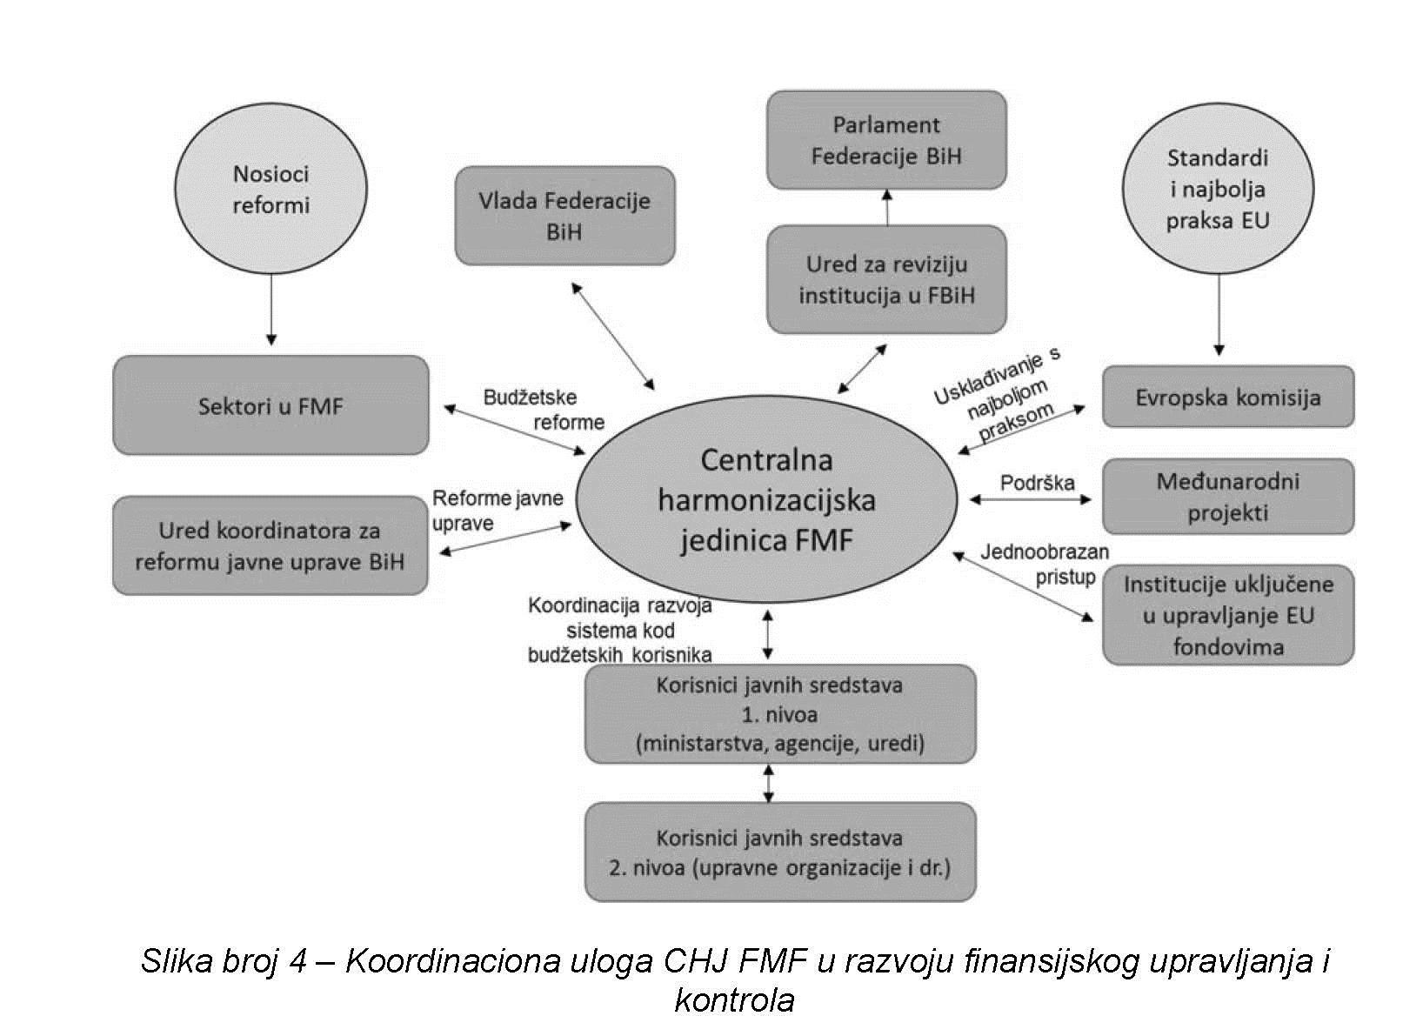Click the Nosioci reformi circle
[271, 189]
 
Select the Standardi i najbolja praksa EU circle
[1217, 189]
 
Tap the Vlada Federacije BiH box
[564, 216]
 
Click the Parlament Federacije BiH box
[885, 140]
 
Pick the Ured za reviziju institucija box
[885, 279]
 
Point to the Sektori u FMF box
[271, 405]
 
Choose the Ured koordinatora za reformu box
[270, 545]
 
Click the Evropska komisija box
[1227, 397]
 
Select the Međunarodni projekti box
[1227, 496]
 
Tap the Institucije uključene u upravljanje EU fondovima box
[1227, 615]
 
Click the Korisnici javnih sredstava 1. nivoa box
[779, 714]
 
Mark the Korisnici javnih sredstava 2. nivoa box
[779, 852]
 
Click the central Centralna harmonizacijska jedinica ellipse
[766, 500]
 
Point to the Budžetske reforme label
[543, 410]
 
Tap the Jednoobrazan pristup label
[1045, 564]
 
